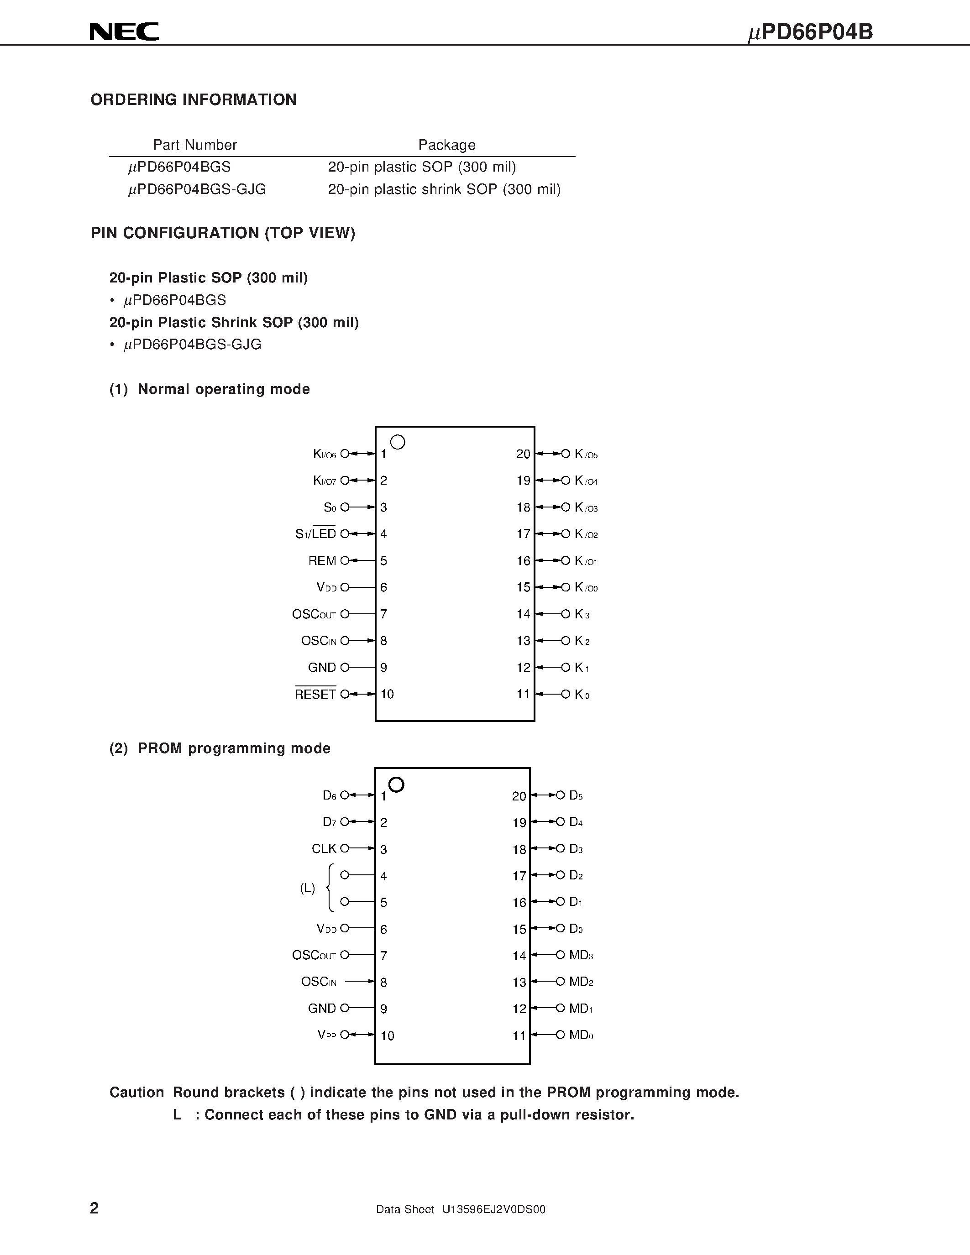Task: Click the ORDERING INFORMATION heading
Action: (x=194, y=100)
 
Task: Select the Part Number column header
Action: (x=195, y=145)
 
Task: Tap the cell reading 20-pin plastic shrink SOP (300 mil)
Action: (x=444, y=190)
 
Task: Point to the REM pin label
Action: (x=322, y=561)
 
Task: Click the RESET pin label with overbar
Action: (x=315, y=694)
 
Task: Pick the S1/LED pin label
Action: (x=315, y=534)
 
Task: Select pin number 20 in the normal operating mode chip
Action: (x=523, y=454)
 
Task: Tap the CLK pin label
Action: (x=324, y=849)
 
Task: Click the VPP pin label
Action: (x=326, y=1035)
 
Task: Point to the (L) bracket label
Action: (x=308, y=889)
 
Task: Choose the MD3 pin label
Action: (x=581, y=955)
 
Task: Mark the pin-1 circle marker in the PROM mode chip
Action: (x=397, y=784)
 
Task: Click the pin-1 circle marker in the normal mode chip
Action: (x=398, y=442)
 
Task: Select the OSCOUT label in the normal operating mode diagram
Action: (x=314, y=614)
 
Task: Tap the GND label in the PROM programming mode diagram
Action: (x=322, y=1009)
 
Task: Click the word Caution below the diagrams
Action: (x=137, y=1093)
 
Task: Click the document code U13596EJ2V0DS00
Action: (x=493, y=1209)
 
